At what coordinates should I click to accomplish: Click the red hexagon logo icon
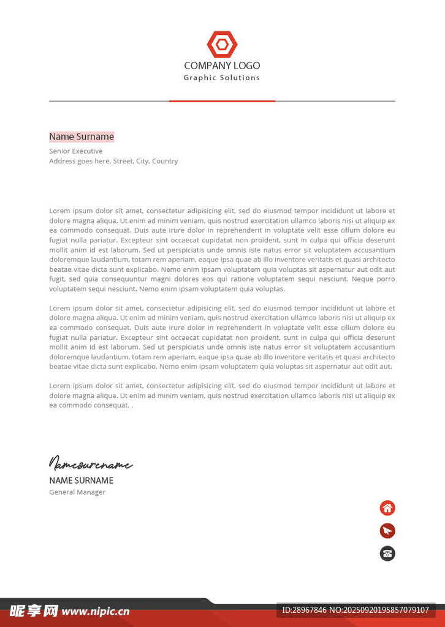pos(222,44)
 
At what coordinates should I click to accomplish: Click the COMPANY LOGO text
pos(222,66)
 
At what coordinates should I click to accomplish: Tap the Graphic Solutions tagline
pos(222,78)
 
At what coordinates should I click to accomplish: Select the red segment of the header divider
pos(222,101)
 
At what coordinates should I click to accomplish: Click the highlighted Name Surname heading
pos(82,137)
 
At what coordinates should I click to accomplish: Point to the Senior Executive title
pos(76,151)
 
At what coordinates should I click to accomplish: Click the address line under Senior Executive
pos(113,161)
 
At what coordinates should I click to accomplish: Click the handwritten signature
pos(91,464)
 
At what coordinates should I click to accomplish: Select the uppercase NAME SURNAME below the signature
pos(81,481)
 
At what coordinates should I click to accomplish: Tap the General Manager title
pos(77,492)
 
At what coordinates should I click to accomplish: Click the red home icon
pos(387,508)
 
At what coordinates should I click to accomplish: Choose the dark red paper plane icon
pos(387,531)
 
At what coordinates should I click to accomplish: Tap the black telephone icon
pos(387,554)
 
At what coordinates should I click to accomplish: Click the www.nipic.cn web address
pos(96,611)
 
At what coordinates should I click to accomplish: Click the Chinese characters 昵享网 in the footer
pos(34,610)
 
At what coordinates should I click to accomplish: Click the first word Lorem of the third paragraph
pos(59,386)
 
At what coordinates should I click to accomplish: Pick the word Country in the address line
pos(165,161)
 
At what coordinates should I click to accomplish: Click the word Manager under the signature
pos(91,492)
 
